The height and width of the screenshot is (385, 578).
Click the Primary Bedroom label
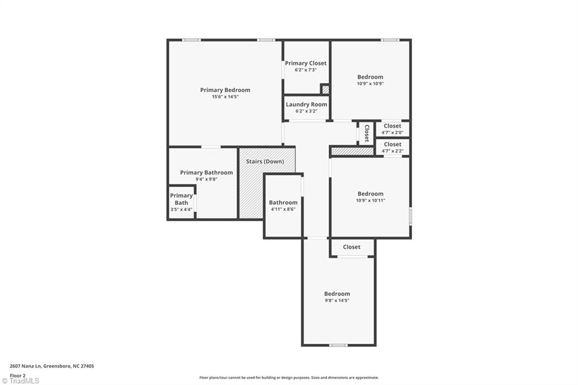(x=225, y=90)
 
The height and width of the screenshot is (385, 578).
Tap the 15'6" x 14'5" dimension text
(x=225, y=97)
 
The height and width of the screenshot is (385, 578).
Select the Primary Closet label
(x=305, y=63)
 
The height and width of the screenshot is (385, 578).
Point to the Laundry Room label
(x=306, y=104)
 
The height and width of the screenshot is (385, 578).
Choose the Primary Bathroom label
(x=206, y=173)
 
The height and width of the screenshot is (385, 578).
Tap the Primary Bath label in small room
(x=181, y=199)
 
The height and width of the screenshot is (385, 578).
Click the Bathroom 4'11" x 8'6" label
(x=283, y=203)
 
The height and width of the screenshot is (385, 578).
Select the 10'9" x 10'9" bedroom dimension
(x=370, y=84)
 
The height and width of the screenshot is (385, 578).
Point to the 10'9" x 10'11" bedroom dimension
(x=370, y=200)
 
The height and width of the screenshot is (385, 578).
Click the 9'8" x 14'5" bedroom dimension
(x=336, y=300)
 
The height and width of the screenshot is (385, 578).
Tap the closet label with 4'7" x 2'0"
(x=392, y=126)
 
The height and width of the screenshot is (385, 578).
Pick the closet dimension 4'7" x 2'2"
(x=392, y=151)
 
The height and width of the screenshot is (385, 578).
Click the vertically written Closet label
(x=366, y=133)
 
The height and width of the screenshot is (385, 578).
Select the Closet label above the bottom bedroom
(x=352, y=247)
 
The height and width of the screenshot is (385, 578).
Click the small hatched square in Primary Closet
(x=325, y=89)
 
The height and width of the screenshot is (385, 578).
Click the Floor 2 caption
(x=17, y=375)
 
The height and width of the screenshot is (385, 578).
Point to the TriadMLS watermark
(x=20, y=380)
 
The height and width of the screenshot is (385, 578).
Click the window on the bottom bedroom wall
(x=338, y=345)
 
